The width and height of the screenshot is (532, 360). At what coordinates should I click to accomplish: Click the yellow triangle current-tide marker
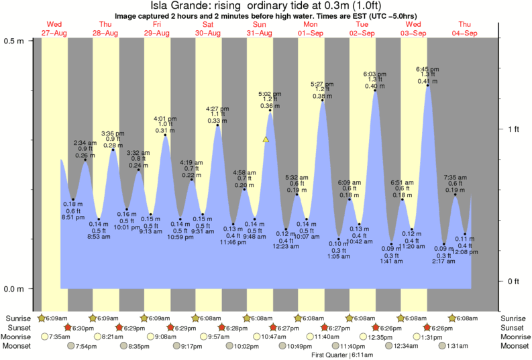[266, 139]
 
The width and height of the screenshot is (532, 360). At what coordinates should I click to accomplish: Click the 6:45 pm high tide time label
[427, 69]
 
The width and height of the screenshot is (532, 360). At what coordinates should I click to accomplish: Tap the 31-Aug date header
[260, 33]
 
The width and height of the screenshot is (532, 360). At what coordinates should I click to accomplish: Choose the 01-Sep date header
[311, 33]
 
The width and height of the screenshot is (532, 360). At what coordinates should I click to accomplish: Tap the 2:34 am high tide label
[85, 143]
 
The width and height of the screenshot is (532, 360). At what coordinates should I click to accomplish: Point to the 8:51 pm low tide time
[73, 217]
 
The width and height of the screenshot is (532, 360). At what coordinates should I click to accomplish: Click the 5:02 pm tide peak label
[270, 94]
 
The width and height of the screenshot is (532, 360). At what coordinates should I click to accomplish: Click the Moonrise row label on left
[19, 337]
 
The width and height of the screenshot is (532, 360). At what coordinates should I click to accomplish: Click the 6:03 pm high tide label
[375, 74]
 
